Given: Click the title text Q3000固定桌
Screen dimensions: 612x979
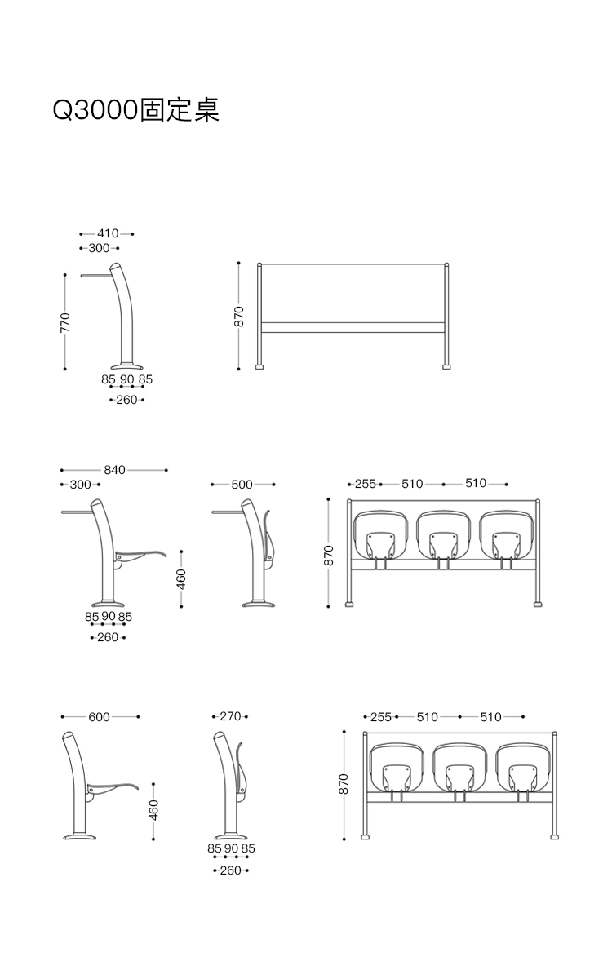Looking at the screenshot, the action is [x=135, y=109].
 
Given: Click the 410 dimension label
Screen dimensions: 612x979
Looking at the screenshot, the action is [x=108, y=233].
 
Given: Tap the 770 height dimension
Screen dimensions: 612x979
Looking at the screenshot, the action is [x=65, y=322].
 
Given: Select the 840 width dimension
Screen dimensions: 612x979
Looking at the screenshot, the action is [x=114, y=470].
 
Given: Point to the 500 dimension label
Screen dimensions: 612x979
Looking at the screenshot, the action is [x=242, y=485].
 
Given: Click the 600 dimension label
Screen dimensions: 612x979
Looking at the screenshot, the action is [x=100, y=717].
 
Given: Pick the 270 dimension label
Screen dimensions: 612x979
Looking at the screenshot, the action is [x=230, y=716].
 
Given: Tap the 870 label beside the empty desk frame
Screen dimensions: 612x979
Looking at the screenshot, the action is [x=238, y=317].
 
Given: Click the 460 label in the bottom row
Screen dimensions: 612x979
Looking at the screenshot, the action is [x=153, y=810].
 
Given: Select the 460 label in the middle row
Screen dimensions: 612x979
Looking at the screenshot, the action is [x=181, y=579].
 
